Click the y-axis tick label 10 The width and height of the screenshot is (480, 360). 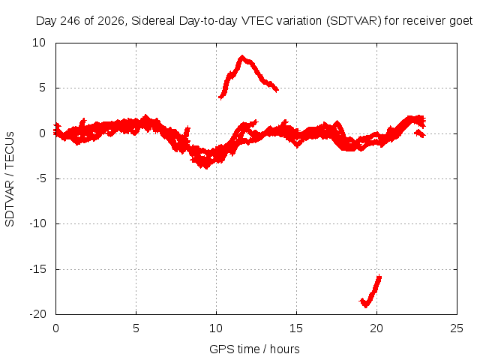[39, 43]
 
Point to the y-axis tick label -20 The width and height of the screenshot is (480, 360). [38, 314]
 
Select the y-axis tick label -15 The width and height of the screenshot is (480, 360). [38, 269]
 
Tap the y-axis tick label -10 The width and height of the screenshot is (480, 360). [38, 223]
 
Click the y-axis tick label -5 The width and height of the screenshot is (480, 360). [41, 178]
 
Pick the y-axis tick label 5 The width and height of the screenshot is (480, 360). [42, 88]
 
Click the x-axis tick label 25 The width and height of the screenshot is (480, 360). [457, 328]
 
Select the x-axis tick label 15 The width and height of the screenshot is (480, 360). [296, 328]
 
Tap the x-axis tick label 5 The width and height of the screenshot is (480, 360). [136, 328]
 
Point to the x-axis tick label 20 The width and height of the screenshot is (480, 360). [376, 328]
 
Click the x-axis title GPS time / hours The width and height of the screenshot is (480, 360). [254, 349]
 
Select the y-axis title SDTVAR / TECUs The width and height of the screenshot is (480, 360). [10, 179]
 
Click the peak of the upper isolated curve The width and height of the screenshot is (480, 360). [242, 57]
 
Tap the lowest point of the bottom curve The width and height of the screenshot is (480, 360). [365, 306]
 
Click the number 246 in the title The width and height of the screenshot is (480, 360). [70, 21]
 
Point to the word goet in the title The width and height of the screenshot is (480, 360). [461, 21]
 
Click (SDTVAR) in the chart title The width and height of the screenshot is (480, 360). [353, 21]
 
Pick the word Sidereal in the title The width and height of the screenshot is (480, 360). [153, 21]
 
